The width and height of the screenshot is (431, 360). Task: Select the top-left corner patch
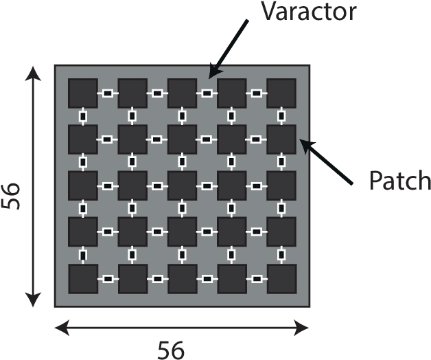tap(82, 93)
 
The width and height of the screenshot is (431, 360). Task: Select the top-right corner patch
tap(281, 93)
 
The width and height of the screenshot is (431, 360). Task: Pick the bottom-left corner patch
tap(82, 279)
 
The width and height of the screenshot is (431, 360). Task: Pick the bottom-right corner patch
tap(281, 279)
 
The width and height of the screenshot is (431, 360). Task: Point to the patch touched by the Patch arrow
tap(281, 139)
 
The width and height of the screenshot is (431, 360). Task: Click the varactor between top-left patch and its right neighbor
tap(107, 93)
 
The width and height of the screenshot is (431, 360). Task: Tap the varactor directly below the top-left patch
tap(82, 116)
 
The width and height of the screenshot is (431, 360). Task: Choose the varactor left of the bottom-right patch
tap(257, 279)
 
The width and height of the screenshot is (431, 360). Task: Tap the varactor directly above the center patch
tap(182, 162)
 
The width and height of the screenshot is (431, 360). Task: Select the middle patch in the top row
tap(182, 93)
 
